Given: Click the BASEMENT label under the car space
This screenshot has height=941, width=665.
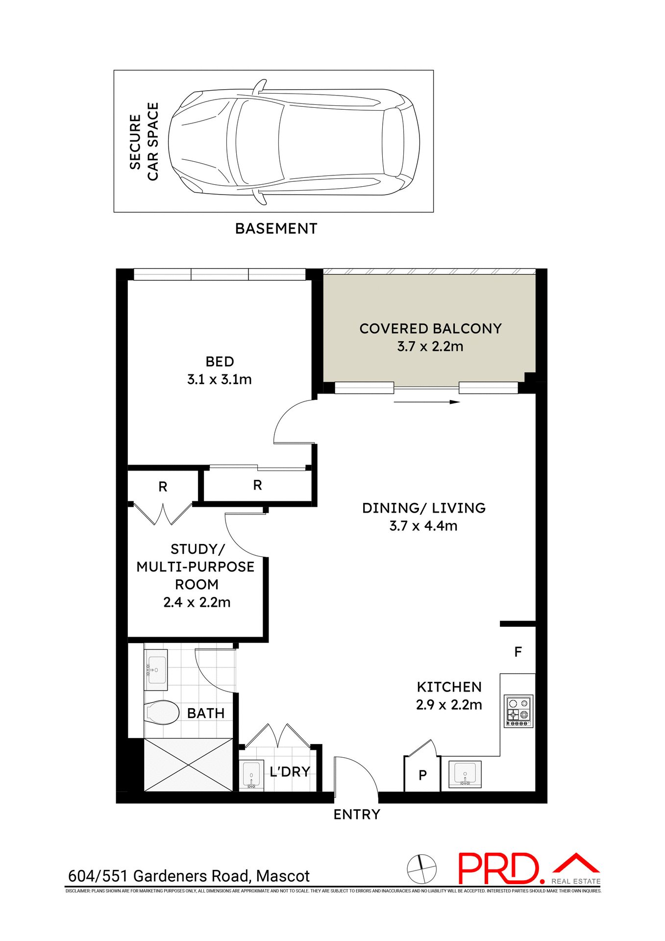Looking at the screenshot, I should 276,229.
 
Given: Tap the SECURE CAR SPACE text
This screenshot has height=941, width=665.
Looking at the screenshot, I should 144,142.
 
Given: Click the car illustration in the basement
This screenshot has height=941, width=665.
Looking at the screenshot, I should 294,142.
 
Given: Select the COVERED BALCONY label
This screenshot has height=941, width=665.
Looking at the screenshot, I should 430,328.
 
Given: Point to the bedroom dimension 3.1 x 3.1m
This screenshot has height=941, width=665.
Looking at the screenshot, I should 219,379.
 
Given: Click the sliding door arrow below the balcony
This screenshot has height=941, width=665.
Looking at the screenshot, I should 426,402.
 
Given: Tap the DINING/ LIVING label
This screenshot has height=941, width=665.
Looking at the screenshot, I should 423,508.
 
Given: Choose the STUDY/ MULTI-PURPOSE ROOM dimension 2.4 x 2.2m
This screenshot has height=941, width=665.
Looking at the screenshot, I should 197,602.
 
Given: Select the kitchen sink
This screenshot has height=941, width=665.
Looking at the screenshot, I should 465,774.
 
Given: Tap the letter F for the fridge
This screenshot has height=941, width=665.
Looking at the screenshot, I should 518,652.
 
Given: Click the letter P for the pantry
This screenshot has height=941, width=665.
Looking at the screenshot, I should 422,775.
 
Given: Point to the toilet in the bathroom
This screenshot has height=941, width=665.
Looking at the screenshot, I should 161,712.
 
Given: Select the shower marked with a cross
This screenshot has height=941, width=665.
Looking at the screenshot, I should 188,765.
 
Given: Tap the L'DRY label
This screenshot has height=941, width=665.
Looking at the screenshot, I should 290,772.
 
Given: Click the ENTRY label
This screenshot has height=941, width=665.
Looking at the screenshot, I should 356,815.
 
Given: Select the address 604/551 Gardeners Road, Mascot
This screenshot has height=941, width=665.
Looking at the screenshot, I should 189,876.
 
